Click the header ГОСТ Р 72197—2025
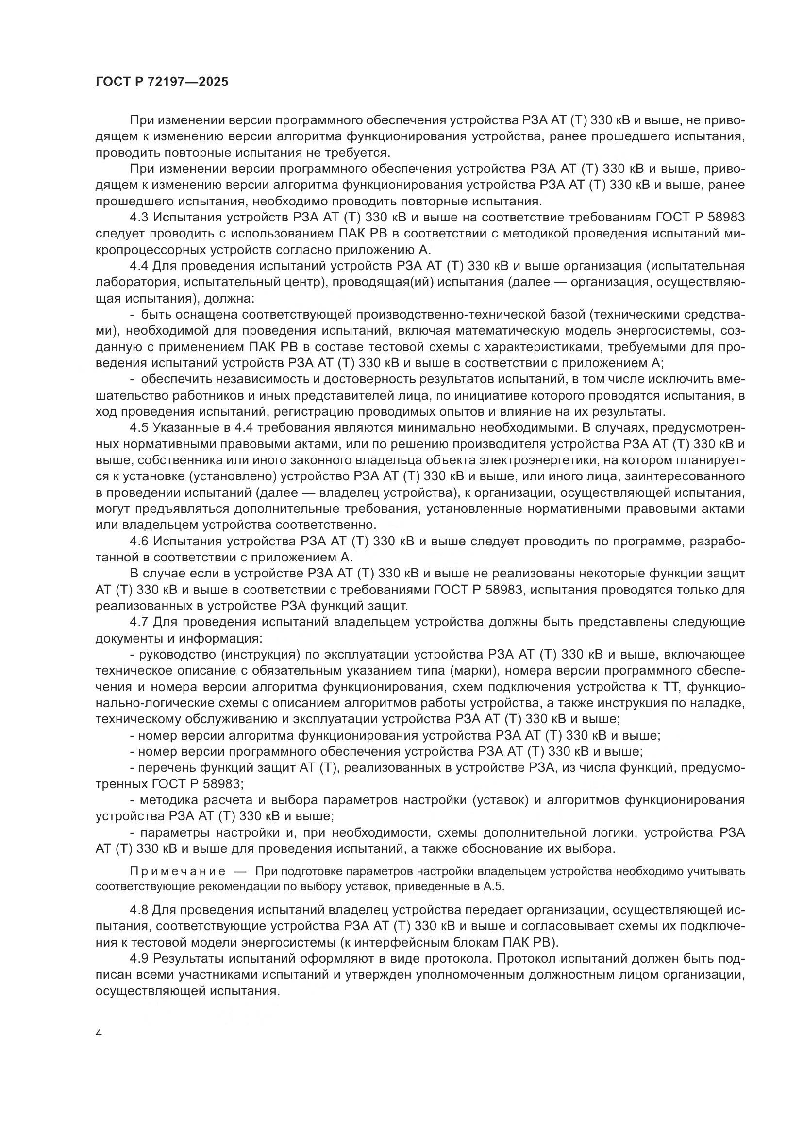pos(162,82)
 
